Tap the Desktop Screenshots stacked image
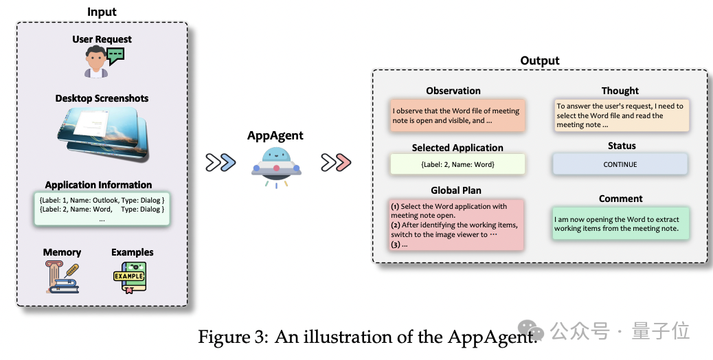coord(101,136)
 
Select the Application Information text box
coord(102,209)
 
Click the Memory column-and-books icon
coord(61,276)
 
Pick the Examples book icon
coord(130,277)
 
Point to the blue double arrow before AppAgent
coord(221,163)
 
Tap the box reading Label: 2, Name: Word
coord(457,164)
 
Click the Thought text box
coord(620,115)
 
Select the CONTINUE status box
coord(620,164)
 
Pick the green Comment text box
coord(620,224)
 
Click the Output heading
coord(539,60)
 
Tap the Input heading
coord(102,12)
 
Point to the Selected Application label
coord(457,148)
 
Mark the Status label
coord(622,146)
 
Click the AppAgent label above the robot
coord(275,135)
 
